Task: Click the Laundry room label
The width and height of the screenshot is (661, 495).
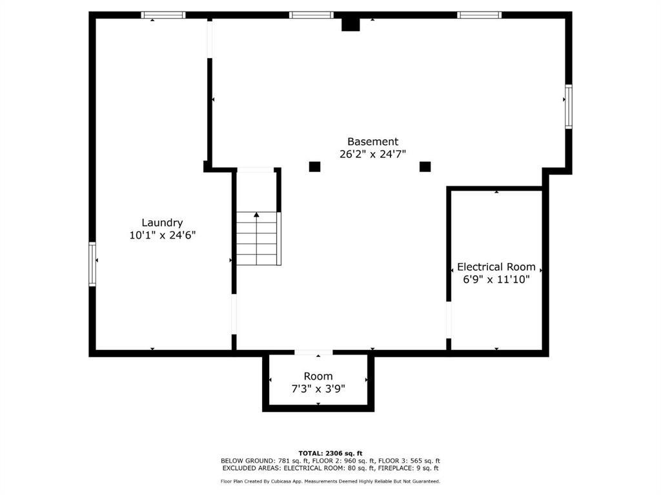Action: click(x=162, y=222)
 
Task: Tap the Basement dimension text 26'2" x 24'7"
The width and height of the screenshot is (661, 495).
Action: click(x=372, y=154)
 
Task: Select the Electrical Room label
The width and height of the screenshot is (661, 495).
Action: click(x=496, y=267)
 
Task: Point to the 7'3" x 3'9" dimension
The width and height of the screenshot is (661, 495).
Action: click(x=318, y=389)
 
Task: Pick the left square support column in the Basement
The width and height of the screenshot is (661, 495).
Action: click(x=314, y=167)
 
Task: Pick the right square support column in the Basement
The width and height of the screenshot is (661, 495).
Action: click(x=425, y=167)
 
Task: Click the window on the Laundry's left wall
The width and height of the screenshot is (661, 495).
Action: click(x=92, y=264)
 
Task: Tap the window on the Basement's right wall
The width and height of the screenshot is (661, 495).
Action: click(x=568, y=106)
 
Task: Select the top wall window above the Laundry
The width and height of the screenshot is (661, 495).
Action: click(x=163, y=15)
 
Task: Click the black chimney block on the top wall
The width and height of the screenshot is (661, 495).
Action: click(x=351, y=24)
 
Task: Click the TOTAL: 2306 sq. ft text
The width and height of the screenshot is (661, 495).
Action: click(x=330, y=453)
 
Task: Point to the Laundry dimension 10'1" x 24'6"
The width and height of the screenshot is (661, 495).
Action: click(x=162, y=235)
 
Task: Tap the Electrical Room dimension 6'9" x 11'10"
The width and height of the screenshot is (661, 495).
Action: click(x=496, y=279)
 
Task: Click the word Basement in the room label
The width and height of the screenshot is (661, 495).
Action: click(x=372, y=141)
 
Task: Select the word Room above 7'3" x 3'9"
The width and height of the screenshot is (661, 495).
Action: click(x=318, y=376)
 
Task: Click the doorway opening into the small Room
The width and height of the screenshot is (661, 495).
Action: click(x=314, y=353)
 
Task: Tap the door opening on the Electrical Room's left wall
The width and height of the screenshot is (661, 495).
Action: click(x=449, y=320)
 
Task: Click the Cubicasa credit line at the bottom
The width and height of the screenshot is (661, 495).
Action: click(x=330, y=481)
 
